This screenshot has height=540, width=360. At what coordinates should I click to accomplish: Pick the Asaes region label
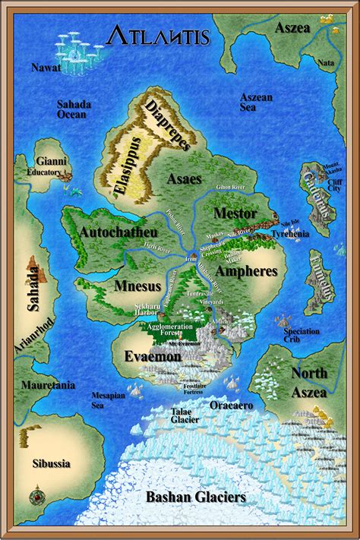[185, 179]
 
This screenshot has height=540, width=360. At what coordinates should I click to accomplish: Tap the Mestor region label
[235, 213]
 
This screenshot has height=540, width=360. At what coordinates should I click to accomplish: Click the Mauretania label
[50, 386]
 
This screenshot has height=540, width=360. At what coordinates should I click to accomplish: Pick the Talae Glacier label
[184, 415]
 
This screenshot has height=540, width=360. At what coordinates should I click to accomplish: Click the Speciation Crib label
[302, 336]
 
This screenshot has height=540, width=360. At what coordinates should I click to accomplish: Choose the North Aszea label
[309, 383]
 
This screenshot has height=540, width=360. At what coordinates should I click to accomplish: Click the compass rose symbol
[36, 498]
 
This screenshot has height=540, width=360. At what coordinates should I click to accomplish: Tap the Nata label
[326, 63]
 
